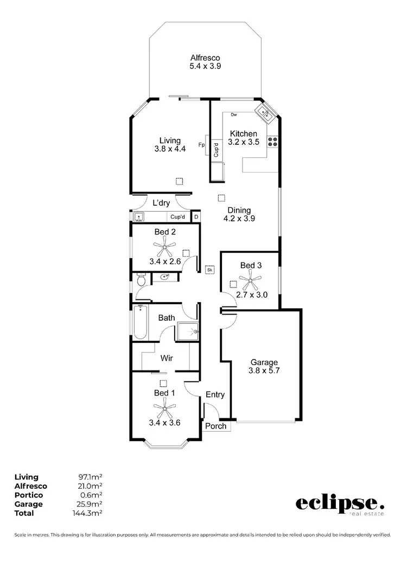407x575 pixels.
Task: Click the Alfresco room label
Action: (205, 58)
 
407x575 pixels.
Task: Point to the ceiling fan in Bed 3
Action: (250, 282)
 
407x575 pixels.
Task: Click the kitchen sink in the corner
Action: (265, 113)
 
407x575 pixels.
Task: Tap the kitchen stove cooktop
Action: (273, 142)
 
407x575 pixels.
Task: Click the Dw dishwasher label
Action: (234, 115)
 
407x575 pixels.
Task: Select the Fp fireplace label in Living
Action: (201, 145)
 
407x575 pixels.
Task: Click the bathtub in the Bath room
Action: (141, 323)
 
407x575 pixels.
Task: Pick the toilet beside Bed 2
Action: (141, 280)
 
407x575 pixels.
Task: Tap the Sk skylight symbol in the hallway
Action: (209, 269)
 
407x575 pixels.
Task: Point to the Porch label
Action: (215, 426)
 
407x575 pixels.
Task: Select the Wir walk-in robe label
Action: (166, 359)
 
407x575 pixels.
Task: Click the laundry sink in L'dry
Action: (138, 217)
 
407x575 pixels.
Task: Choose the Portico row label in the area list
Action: (28, 495)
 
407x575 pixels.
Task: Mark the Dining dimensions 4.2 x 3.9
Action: (239, 219)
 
